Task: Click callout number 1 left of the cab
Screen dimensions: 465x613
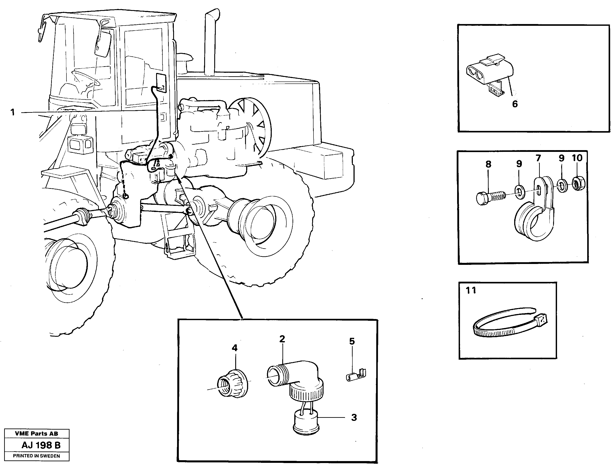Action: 12,113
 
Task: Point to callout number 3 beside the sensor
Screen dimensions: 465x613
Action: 354,417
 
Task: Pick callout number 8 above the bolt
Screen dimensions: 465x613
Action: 488,164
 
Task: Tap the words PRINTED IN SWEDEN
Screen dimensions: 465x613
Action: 36,456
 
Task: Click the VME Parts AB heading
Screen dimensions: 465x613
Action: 36,434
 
